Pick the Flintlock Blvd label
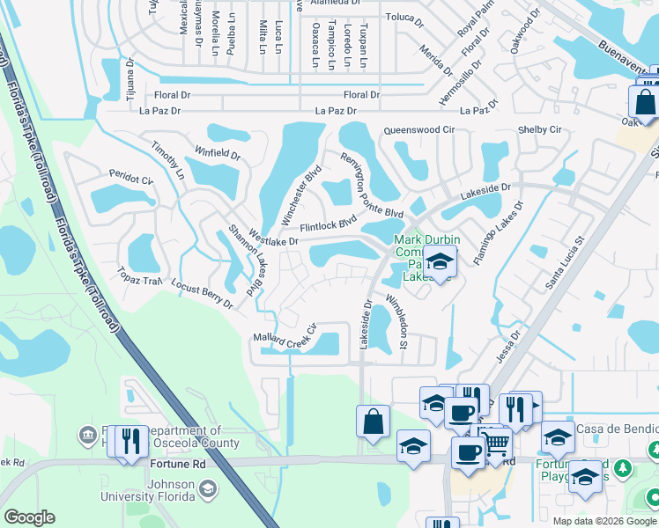click(328, 224)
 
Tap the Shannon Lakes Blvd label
click(246, 260)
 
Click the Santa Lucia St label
click(565, 261)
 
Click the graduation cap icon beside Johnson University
click(208, 488)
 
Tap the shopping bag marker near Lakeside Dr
click(372, 420)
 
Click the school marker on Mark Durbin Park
click(439, 260)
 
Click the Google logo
click(29, 517)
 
